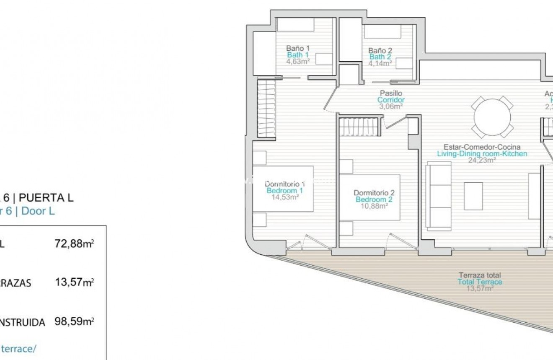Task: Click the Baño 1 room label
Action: pyautogui.click(x=297, y=48)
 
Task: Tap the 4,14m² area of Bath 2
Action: pyautogui.click(x=380, y=63)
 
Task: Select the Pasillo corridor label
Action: pyautogui.click(x=391, y=93)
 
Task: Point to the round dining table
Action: pyautogui.click(x=492, y=117)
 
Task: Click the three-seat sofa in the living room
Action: pyautogui.click(x=439, y=196)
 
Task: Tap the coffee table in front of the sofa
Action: pyautogui.click(x=473, y=196)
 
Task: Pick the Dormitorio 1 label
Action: pyautogui.click(x=285, y=184)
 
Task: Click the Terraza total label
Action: pyautogui.click(x=480, y=275)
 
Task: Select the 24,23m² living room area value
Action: pyautogui.click(x=482, y=160)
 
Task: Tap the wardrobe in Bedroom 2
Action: pyautogui.click(x=359, y=127)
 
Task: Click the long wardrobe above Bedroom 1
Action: pyautogui.click(x=266, y=109)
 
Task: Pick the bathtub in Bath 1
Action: pyautogui.click(x=295, y=24)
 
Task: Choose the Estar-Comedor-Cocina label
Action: pyautogui.click(x=482, y=147)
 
